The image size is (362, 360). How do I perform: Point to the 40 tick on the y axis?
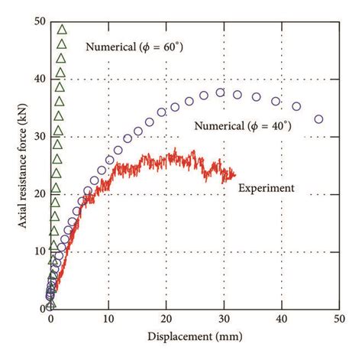click(x=38, y=79)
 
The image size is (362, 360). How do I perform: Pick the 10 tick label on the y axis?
click(x=38, y=251)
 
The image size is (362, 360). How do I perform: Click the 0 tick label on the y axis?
click(x=41, y=309)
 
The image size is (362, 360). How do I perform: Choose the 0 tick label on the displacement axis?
click(x=51, y=320)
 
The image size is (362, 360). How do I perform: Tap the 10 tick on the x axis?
click(x=108, y=320)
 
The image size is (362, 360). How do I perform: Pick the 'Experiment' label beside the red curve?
click(x=267, y=186)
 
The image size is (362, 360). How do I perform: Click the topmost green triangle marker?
click(x=63, y=30)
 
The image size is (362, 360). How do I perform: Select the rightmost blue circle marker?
click(x=318, y=119)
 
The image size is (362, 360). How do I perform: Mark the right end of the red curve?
click(x=235, y=174)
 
